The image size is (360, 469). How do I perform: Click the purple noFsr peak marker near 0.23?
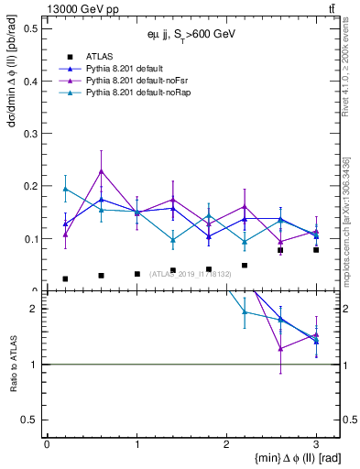[101, 170]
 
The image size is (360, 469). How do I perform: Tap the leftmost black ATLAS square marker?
[65, 278]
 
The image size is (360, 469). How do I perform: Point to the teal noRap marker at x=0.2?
[65, 189]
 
